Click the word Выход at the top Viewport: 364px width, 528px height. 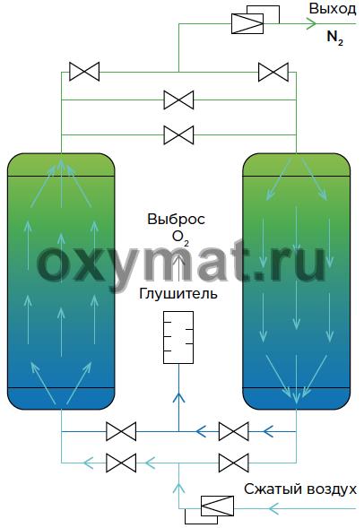click(x=333, y=9)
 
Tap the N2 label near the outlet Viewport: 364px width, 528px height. click(x=335, y=37)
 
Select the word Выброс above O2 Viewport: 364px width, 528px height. click(x=176, y=220)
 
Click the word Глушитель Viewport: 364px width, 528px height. click(x=178, y=293)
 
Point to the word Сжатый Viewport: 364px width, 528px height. click(x=270, y=489)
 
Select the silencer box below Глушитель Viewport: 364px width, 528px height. click(x=178, y=337)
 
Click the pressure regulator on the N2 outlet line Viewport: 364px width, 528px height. click(x=256, y=19)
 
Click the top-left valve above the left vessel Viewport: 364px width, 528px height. click(x=84, y=72)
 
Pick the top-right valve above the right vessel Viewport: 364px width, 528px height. click(x=273, y=72)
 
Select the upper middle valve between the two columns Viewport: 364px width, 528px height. click(x=178, y=100)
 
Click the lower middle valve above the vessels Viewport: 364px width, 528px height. click(x=178, y=135)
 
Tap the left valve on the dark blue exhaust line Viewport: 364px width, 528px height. click(x=121, y=431)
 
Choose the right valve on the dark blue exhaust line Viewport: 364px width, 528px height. click(x=234, y=431)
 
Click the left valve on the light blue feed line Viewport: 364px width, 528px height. click(x=121, y=463)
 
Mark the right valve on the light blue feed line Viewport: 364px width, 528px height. click(x=234, y=463)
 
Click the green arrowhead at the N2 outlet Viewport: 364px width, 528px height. click(x=312, y=23)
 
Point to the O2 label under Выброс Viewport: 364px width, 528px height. click(x=180, y=238)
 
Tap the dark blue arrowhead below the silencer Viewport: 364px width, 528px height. click(x=178, y=398)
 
